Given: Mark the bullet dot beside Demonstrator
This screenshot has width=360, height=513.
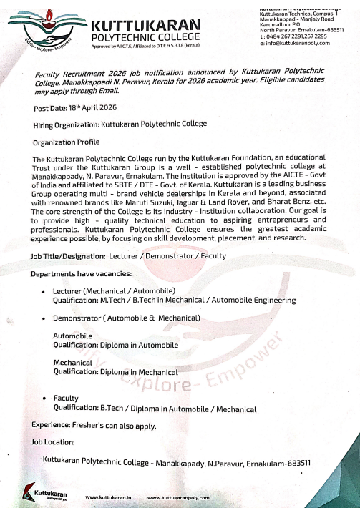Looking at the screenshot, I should pyautogui.click(x=44, y=317).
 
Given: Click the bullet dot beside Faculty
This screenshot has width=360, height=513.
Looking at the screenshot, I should pyautogui.click(x=44, y=398).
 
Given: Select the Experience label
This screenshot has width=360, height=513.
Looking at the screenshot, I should pyautogui.click(x=50, y=425).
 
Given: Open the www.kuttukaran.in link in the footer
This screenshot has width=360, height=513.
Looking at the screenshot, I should pyautogui.click(x=107, y=497).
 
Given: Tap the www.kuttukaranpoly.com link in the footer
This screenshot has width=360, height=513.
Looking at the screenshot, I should pyautogui.click(x=178, y=497).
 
